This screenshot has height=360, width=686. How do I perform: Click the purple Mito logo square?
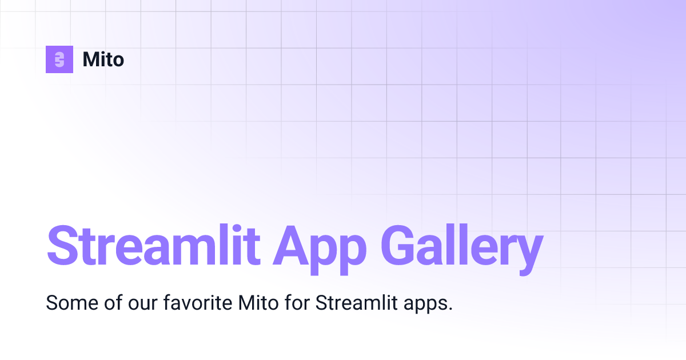59,59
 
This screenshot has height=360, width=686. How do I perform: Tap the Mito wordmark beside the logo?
103,59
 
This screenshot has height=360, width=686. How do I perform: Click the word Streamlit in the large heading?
150,246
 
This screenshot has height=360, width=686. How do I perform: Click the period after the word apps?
450,309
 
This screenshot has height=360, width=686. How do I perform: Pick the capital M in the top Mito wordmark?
91,59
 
